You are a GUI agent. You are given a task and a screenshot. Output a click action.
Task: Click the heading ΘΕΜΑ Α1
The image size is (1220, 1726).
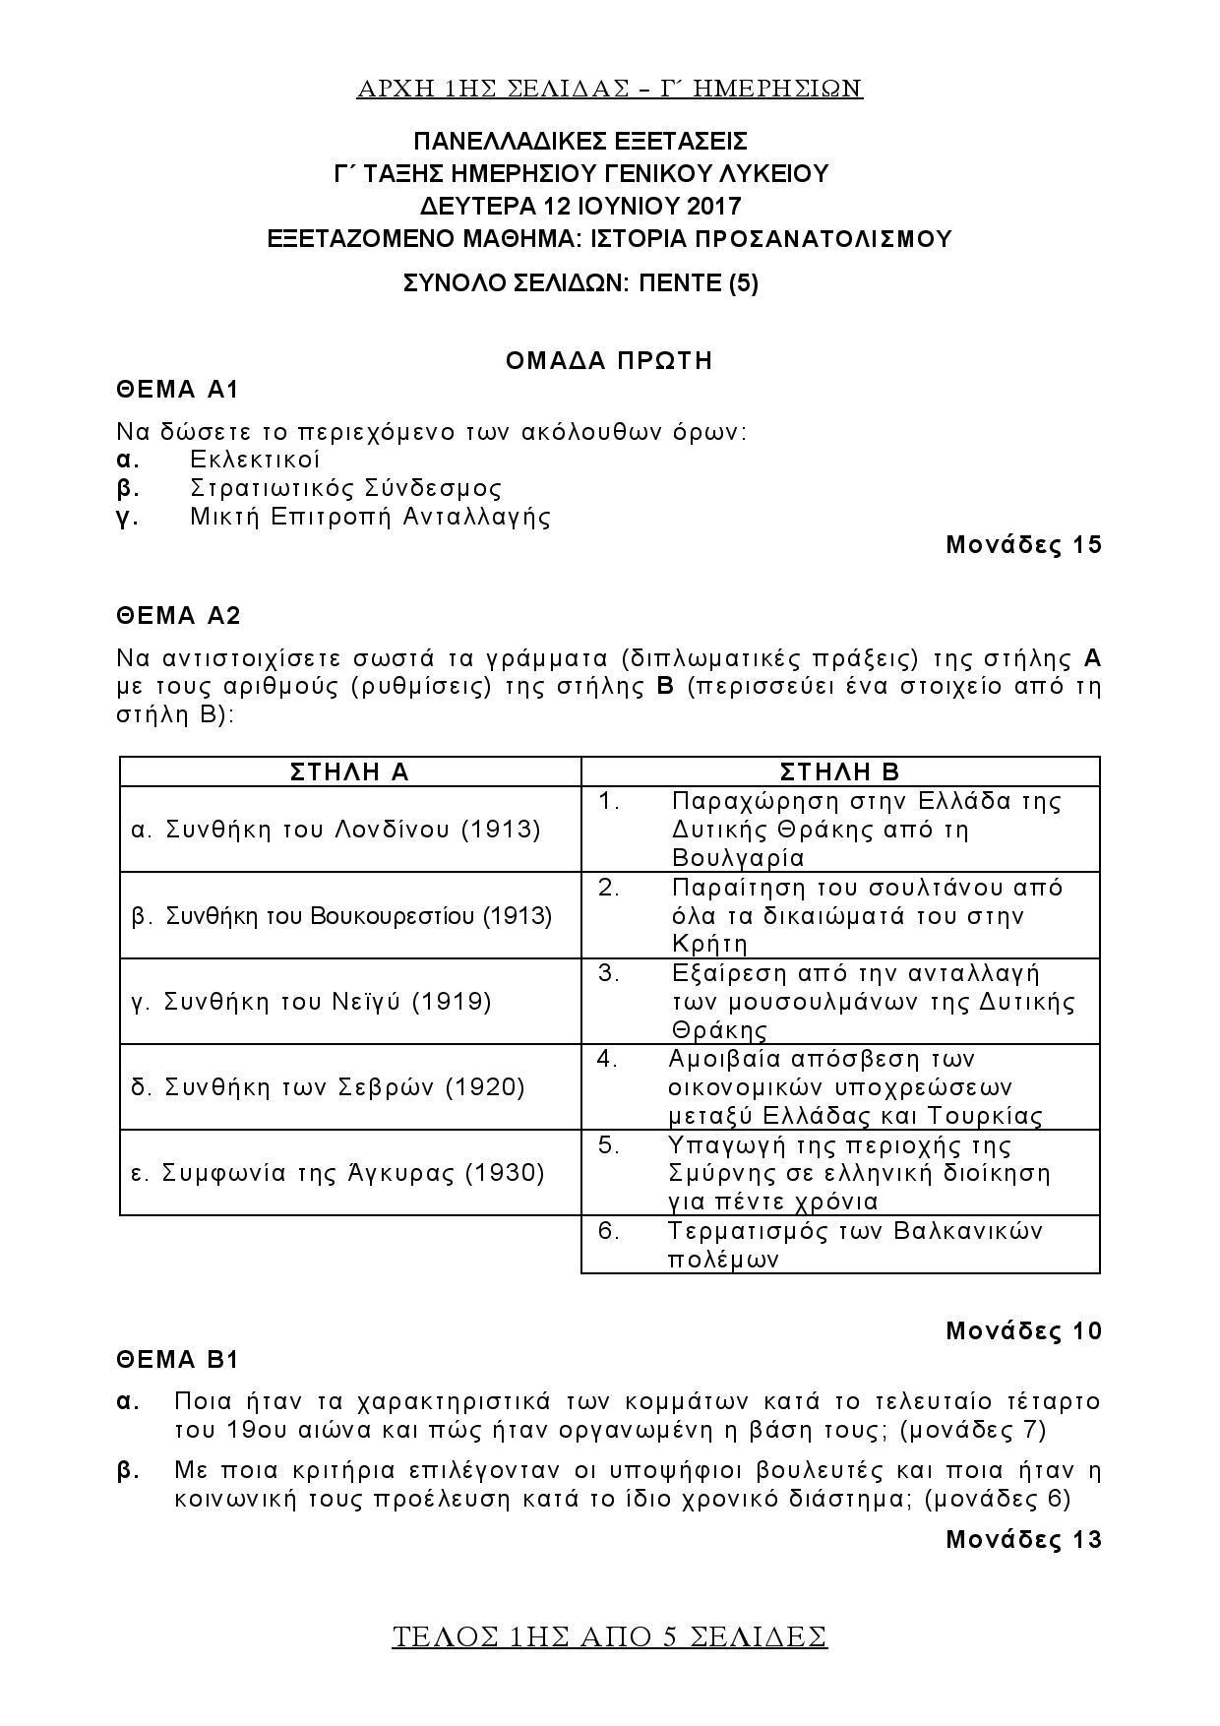coord(178,390)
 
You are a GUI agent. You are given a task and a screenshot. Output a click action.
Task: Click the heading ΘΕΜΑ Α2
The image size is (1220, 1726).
coord(178,616)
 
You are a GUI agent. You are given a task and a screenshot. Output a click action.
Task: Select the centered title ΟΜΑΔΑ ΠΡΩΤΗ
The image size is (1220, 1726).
coord(609,360)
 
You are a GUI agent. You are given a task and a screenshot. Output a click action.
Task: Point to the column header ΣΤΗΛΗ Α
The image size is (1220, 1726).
coord(350,771)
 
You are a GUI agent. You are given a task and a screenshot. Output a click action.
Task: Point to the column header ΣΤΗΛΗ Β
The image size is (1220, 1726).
coord(839,771)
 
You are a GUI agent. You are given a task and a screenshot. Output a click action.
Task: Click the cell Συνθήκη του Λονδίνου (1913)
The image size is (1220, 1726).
coord(336,830)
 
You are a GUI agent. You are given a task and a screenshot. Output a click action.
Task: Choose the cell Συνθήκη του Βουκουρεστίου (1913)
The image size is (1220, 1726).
coord(341,916)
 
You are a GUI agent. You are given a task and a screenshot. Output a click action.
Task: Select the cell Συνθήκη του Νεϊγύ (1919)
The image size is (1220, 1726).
coord(312,1002)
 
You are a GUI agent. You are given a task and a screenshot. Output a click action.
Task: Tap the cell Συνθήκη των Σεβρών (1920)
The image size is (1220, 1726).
coord(328,1087)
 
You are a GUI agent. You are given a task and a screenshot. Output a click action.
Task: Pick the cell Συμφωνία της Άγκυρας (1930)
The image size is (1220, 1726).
coord(337,1173)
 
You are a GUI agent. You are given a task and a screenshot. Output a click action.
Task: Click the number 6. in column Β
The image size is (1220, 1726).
coord(609,1231)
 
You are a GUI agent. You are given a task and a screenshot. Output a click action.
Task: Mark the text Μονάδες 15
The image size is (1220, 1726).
coord(1023,545)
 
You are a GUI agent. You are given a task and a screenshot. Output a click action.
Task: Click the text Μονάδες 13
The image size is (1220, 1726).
coord(1023,1539)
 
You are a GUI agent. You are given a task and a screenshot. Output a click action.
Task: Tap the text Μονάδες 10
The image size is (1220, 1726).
coord(1023,1331)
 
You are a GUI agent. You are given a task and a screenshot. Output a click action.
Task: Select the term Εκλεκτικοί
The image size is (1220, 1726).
coord(256,460)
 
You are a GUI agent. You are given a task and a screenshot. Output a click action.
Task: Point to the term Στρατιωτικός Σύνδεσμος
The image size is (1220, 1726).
coord(345,488)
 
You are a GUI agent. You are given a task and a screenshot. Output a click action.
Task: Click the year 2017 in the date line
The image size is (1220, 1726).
coord(714,207)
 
